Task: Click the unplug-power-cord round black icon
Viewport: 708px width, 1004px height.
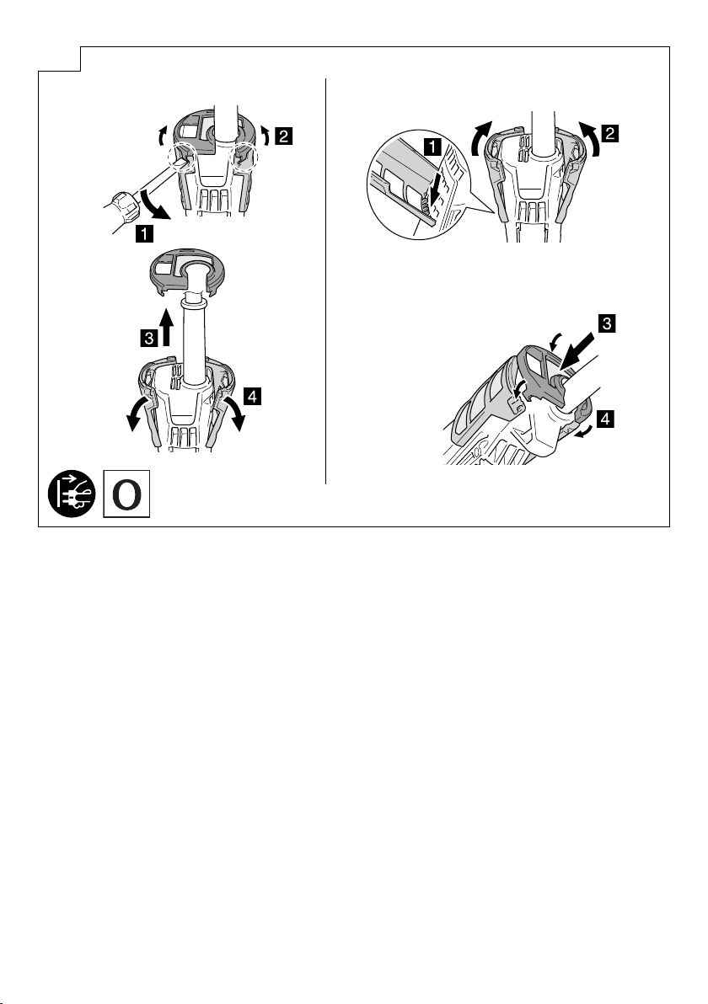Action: (72, 494)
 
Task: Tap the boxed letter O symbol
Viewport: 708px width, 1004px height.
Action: (127, 494)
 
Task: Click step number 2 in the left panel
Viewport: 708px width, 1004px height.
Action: (284, 136)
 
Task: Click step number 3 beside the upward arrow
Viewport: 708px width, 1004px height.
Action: (148, 338)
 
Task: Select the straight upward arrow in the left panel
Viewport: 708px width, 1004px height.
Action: (167, 327)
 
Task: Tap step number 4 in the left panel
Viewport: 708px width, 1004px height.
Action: (252, 397)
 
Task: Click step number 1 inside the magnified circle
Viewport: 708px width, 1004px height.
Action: (433, 147)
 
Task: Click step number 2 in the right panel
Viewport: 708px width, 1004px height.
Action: (610, 134)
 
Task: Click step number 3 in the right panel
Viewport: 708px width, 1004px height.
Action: (606, 323)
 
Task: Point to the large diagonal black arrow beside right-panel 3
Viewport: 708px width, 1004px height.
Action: (581, 351)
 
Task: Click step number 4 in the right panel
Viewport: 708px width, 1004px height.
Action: (605, 419)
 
